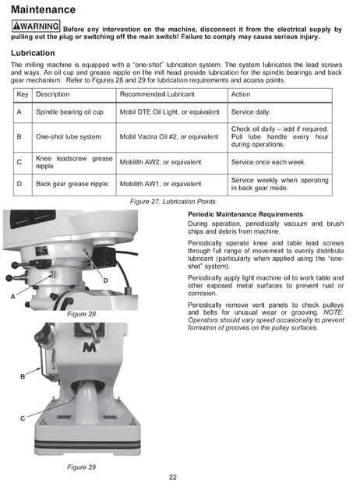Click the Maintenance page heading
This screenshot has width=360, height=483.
click(x=43, y=9)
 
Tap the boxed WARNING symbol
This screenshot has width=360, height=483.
click(x=36, y=26)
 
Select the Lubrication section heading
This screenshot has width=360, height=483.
click(x=33, y=53)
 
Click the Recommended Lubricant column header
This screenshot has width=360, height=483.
click(x=157, y=94)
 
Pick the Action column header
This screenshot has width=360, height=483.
click(x=241, y=94)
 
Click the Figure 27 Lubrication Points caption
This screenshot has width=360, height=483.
click(x=173, y=202)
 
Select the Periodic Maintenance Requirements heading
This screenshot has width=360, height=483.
click(x=245, y=214)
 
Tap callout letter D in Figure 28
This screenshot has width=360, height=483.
click(x=105, y=280)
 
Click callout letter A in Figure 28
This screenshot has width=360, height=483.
click(x=12, y=297)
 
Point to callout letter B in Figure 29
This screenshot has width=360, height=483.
click(x=23, y=376)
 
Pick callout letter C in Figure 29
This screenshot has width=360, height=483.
click(x=23, y=418)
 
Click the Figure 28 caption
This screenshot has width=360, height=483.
click(x=81, y=314)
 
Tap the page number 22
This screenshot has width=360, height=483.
click(x=173, y=477)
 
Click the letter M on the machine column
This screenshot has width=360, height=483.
click(x=90, y=347)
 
